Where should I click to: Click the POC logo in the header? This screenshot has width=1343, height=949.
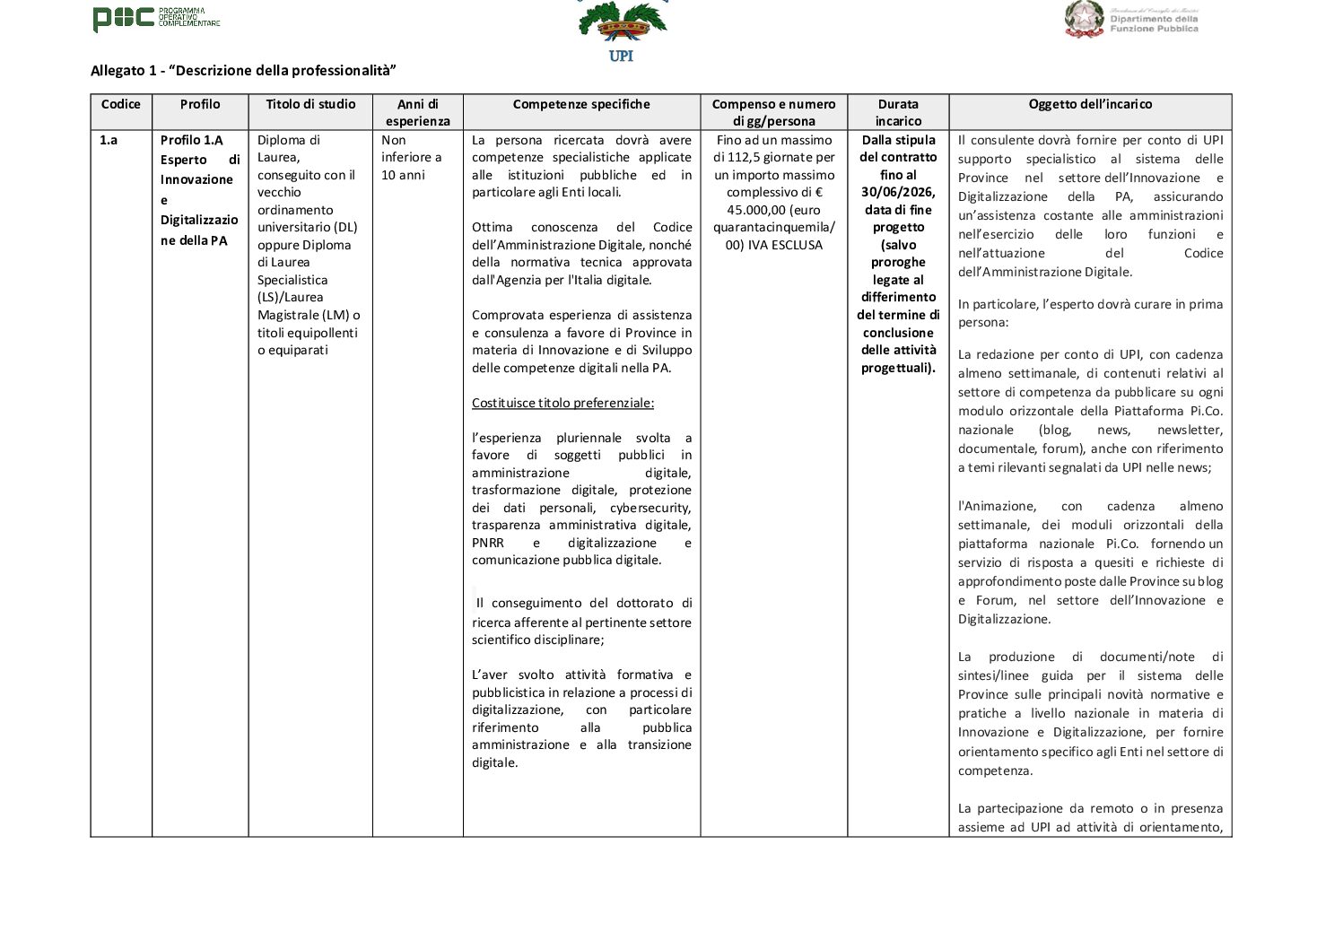coord(156,18)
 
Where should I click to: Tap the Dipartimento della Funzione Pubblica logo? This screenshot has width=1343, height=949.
coord(1131,20)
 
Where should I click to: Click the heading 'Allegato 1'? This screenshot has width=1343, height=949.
coord(243,71)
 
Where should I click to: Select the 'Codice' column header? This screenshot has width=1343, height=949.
coord(121,104)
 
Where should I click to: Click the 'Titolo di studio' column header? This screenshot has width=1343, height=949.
coord(310,104)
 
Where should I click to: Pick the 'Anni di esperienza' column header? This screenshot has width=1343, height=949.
coord(417,112)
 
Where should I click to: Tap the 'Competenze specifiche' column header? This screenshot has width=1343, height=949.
coord(581,104)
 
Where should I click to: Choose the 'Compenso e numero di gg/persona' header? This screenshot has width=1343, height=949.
coord(773,112)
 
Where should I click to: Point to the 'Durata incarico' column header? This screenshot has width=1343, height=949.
coord(898,112)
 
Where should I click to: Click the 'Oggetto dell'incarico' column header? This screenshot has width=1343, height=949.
coord(1090,104)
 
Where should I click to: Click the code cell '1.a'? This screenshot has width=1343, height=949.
coord(109,140)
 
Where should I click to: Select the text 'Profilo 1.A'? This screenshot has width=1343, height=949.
coord(192,140)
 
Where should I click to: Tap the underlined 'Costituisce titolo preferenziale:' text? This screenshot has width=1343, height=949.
coord(562,403)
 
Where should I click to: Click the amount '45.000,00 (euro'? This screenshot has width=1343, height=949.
coord(774,210)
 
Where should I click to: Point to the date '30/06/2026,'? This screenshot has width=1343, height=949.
coord(898,192)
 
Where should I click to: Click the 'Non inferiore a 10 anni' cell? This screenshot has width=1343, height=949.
coord(412,157)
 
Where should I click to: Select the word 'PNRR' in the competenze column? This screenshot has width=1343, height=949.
coord(488,543)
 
